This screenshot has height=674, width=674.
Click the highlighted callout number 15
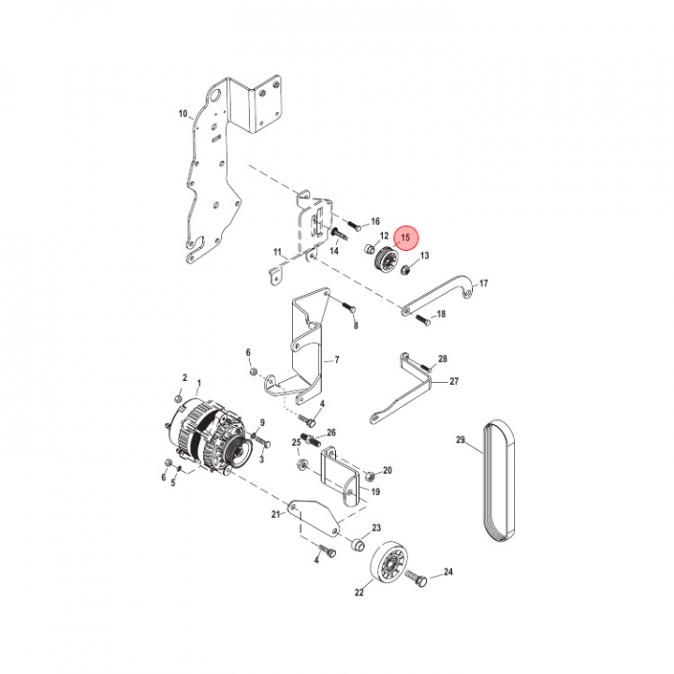405,238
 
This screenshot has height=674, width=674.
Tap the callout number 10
183,114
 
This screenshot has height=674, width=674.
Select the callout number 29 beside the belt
461,440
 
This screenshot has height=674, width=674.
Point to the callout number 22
359,593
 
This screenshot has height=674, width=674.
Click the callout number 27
454,381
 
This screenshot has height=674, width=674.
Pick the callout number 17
484,284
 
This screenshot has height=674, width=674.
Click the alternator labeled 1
206,436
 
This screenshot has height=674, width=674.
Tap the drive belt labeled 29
499,480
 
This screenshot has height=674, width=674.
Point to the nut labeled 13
405,271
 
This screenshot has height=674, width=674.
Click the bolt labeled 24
416,579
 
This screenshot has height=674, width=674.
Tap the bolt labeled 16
353,227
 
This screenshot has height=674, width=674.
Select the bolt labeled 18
423,320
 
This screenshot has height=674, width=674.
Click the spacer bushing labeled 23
358,545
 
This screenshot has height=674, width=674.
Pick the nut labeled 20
369,476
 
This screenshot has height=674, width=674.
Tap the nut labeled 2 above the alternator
179,398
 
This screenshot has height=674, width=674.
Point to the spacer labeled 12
369,249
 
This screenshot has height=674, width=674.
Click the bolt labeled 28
426,368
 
